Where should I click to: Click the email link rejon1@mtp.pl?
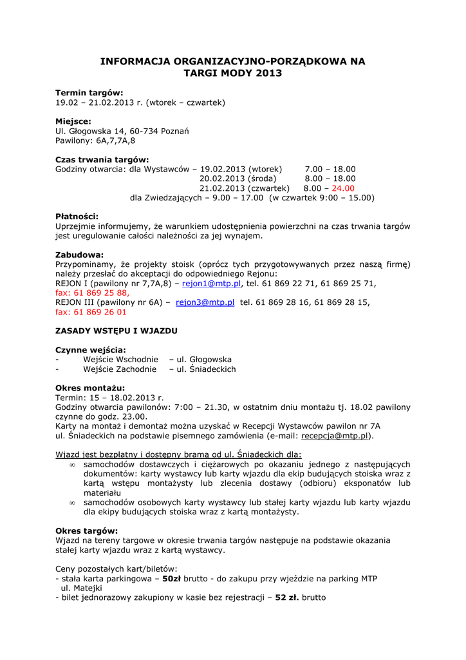tap(211, 283)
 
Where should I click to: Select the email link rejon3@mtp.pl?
tap(205, 302)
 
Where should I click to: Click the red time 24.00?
tap(343, 188)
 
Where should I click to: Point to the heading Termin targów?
tap(89, 93)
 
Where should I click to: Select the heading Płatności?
tap(77, 217)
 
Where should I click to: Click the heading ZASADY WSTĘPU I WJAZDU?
tap(116, 331)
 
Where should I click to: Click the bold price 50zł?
tap(172, 579)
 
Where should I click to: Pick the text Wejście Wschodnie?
tap(120, 360)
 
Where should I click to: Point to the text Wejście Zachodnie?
tap(120, 369)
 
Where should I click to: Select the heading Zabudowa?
tap(79, 255)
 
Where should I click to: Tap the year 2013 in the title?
tap(268, 73)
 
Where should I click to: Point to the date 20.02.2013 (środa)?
tap(238, 179)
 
